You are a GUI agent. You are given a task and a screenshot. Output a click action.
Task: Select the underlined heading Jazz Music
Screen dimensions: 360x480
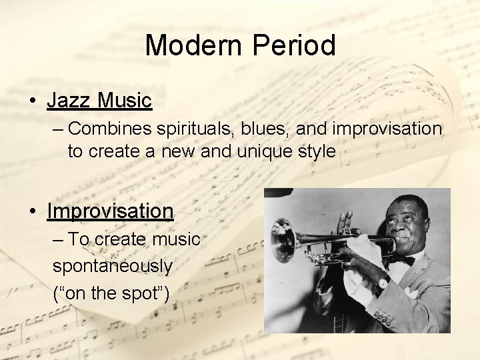(99, 101)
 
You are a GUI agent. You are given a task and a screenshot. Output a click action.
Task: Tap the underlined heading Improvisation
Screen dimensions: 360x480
(110, 211)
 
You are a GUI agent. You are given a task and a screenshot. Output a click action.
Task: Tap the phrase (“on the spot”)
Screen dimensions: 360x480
(109, 293)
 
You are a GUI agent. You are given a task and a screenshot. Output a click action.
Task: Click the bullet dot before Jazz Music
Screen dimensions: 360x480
(32, 102)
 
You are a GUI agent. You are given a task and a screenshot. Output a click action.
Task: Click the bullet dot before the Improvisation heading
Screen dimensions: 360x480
(32, 212)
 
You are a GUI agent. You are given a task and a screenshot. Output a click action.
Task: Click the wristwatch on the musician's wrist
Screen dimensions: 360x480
(381, 284)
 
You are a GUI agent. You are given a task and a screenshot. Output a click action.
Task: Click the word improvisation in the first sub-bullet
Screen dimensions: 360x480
(387, 128)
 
